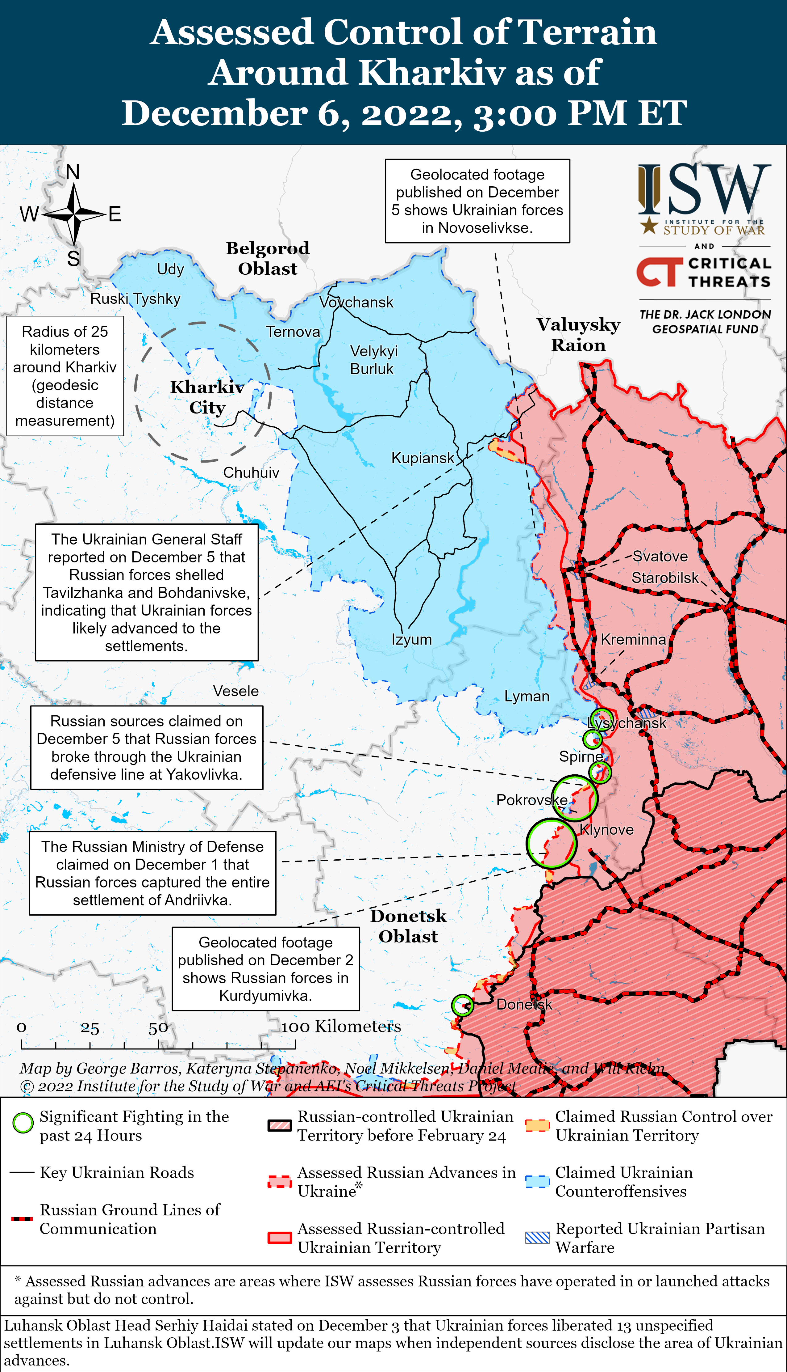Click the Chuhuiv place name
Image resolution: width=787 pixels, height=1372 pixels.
tap(251, 472)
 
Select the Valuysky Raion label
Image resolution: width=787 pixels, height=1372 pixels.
tap(578, 334)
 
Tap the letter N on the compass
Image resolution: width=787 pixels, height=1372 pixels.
tap(73, 172)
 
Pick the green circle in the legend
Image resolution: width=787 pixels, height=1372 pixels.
tap(23, 1124)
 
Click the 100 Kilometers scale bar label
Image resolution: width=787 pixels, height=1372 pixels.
tap(340, 1026)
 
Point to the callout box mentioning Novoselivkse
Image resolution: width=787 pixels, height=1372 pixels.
tap(477, 201)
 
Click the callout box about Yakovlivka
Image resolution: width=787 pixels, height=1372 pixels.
tap(147, 748)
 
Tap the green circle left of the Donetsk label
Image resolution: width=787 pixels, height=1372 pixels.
tap(462, 1005)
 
